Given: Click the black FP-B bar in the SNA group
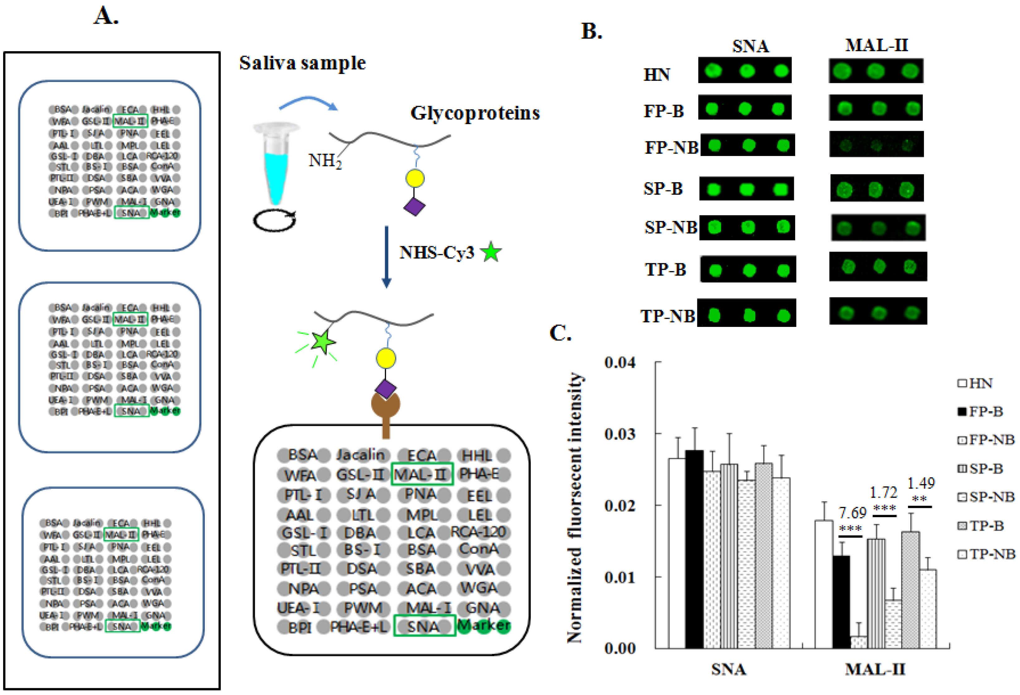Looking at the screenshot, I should click(x=694, y=549).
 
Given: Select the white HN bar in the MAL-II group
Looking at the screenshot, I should click(x=824, y=584).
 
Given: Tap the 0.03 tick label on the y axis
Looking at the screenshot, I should click(x=620, y=434).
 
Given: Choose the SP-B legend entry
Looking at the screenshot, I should click(x=981, y=469).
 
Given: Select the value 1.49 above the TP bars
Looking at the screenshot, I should click(x=921, y=484).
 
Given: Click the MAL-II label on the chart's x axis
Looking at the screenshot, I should click(x=875, y=669).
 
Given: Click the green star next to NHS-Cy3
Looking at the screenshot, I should click(x=491, y=252).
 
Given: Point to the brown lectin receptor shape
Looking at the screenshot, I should click(x=386, y=413).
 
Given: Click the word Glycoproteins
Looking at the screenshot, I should click(x=475, y=113).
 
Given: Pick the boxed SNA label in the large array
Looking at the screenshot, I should click(x=424, y=626).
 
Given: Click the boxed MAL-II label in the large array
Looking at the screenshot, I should click(x=421, y=474).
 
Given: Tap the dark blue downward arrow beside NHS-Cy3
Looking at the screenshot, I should click(x=386, y=257).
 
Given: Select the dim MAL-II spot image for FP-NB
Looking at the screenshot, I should click(x=877, y=144).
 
